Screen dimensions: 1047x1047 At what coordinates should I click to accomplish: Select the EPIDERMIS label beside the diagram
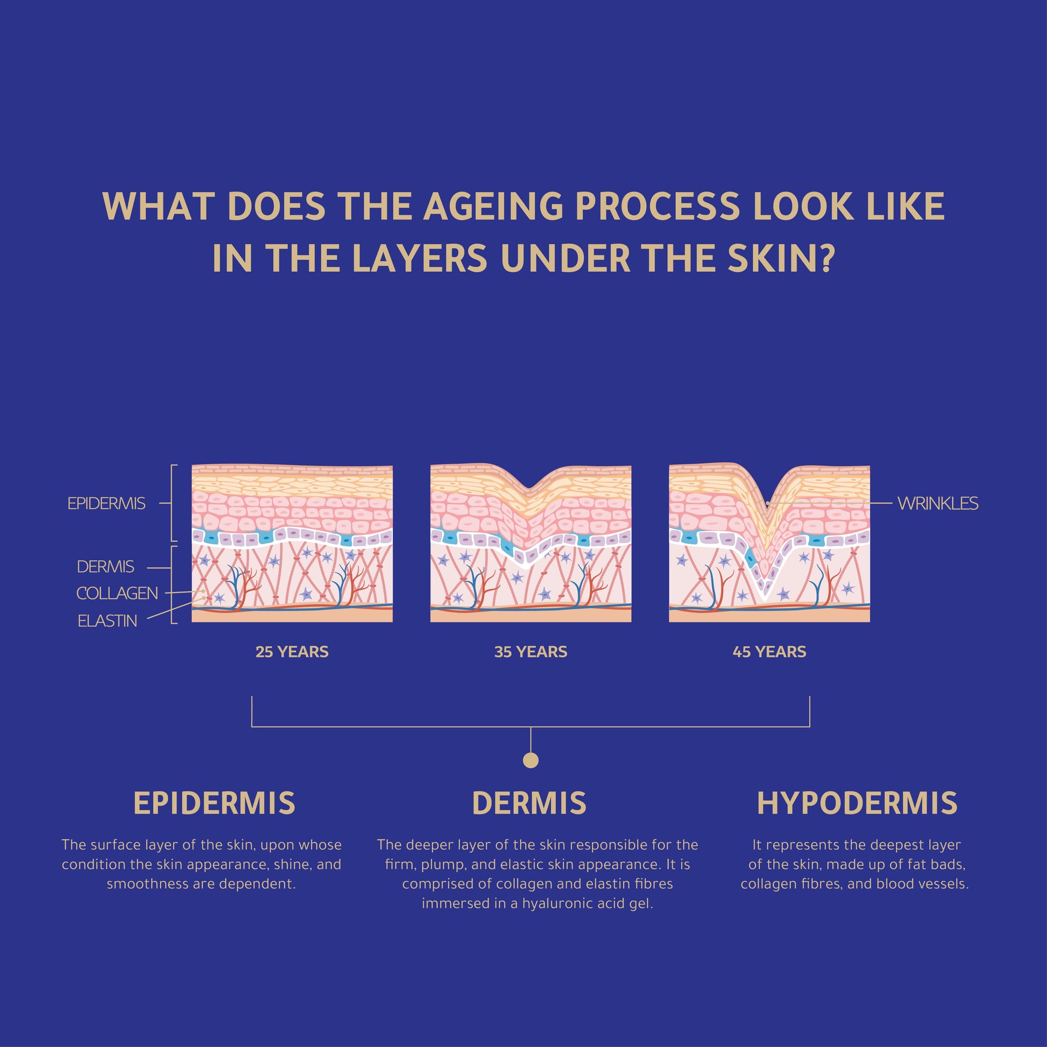pos(106,504)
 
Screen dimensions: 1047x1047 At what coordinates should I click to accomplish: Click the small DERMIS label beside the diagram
pos(105,567)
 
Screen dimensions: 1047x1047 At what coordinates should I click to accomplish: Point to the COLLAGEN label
pos(117,593)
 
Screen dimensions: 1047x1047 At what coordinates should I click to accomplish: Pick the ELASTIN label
pos(107,621)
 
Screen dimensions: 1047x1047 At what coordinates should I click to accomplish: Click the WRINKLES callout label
pos(938,504)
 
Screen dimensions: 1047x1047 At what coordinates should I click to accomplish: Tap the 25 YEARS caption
pos(292,652)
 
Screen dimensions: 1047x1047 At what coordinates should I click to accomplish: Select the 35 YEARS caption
pos(530,652)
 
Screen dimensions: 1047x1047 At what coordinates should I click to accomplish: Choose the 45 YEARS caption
pos(769,652)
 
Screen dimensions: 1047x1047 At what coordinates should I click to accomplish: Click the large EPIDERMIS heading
pos(214,803)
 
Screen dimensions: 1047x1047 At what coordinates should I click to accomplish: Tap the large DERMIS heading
pos(529,803)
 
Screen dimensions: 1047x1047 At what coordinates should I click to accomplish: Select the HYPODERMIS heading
pos(857,803)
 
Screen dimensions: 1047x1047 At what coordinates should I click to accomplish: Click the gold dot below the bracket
pos(530,760)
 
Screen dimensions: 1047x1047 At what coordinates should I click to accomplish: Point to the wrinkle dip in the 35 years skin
pos(530,488)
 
